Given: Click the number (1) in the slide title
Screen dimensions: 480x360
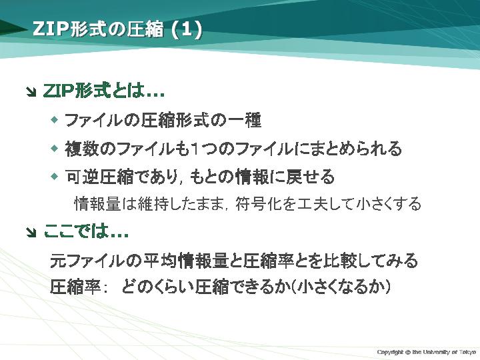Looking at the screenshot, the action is tap(187, 29).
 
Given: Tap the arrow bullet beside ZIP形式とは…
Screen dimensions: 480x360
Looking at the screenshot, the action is tap(31, 92).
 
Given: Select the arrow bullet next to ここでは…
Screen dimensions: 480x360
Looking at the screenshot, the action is tap(31, 233).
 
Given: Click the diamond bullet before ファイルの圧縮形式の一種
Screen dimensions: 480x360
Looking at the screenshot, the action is tap(55, 119).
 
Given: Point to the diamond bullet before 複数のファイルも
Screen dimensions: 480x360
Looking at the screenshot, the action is tap(55, 149).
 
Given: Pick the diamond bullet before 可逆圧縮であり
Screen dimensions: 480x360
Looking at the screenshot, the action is tap(55, 176).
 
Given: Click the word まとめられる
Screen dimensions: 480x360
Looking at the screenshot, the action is tap(355, 149).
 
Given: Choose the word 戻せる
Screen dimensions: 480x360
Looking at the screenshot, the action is tap(310, 177).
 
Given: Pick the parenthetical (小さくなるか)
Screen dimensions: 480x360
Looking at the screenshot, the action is tap(340, 287).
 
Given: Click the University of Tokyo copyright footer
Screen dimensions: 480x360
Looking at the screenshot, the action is tap(427, 352).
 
